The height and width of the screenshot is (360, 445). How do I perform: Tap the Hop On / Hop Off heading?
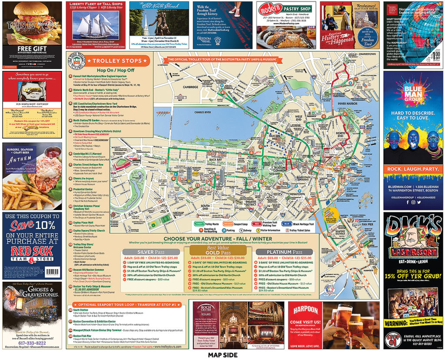[x=110, y=70]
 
